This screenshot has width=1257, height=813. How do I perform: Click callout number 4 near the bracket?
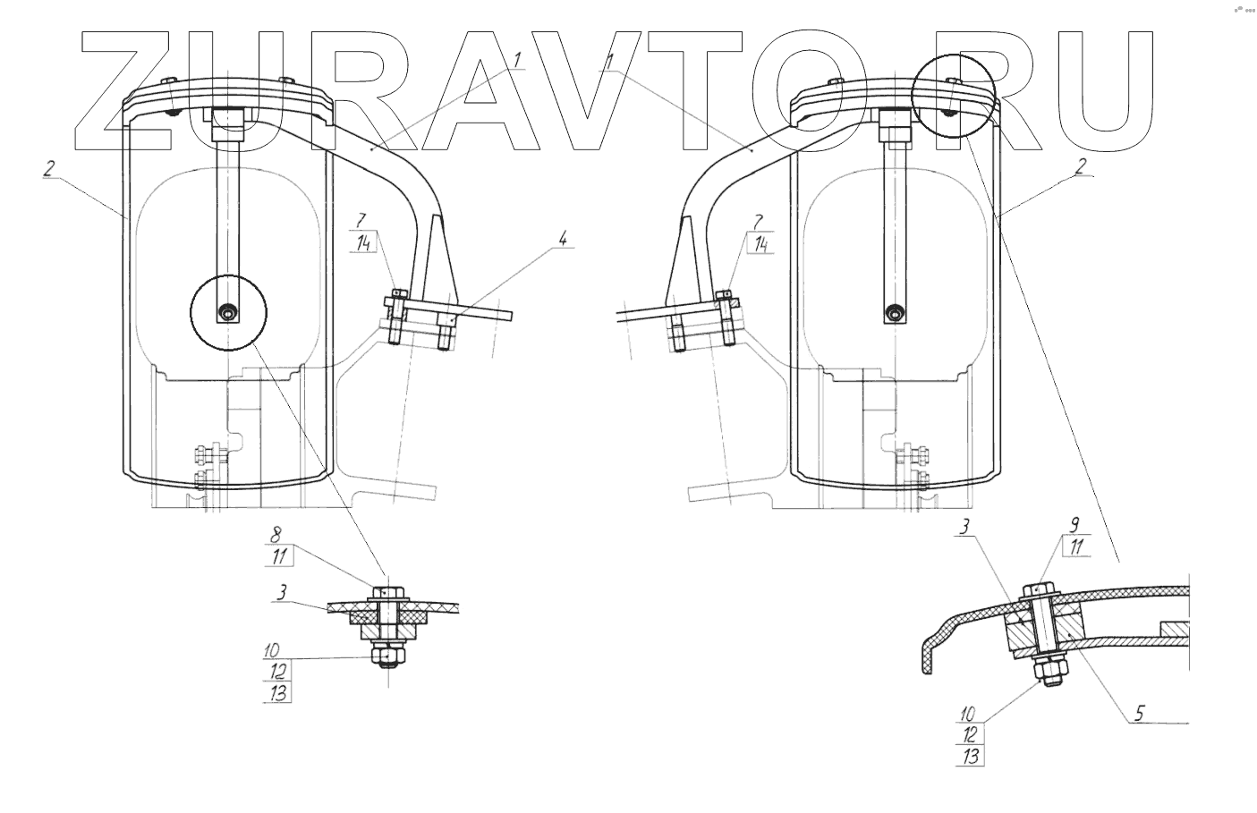pyautogui.click(x=563, y=239)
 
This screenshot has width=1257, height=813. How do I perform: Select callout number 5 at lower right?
pyautogui.click(x=1139, y=713)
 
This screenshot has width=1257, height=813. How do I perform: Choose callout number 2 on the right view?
pyautogui.click(x=1081, y=165)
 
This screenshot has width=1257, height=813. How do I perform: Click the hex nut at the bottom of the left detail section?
pyautogui.click(x=388, y=657)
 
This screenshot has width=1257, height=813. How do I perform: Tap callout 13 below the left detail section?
pyautogui.click(x=279, y=691)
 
